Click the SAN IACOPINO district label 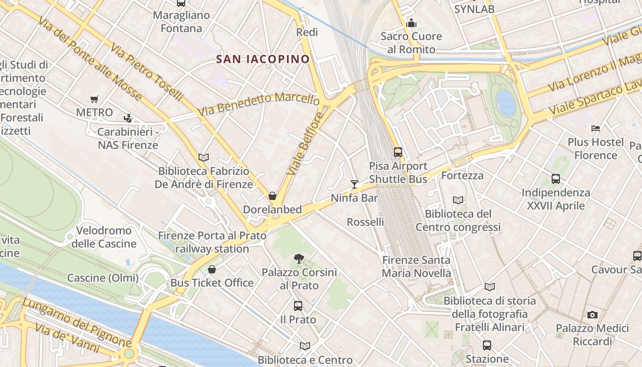pyautogui.click(x=263, y=59)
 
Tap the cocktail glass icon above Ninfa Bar pyautogui.click(x=354, y=184)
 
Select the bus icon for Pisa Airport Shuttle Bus pyautogui.click(x=398, y=152)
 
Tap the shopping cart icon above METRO pyautogui.click(x=94, y=99)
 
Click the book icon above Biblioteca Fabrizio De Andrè pyautogui.click(x=204, y=157)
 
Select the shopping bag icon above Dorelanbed pyautogui.click(x=272, y=196)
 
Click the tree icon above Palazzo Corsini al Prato pyautogui.click(x=299, y=259)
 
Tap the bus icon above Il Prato pyautogui.click(x=298, y=306)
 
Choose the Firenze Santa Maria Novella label pyautogui.click(x=416, y=267)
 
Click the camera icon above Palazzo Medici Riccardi pyautogui.click(x=592, y=315)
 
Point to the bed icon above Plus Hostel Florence pyautogui.click(x=596, y=128)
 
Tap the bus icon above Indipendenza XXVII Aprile pyautogui.click(x=556, y=179)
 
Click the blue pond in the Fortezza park pyautogui.click(x=506, y=103)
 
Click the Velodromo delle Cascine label pyautogui.click(x=104, y=237)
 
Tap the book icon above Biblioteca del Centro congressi pyautogui.click(x=458, y=200)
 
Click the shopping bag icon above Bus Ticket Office pyautogui.click(x=211, y=269)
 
